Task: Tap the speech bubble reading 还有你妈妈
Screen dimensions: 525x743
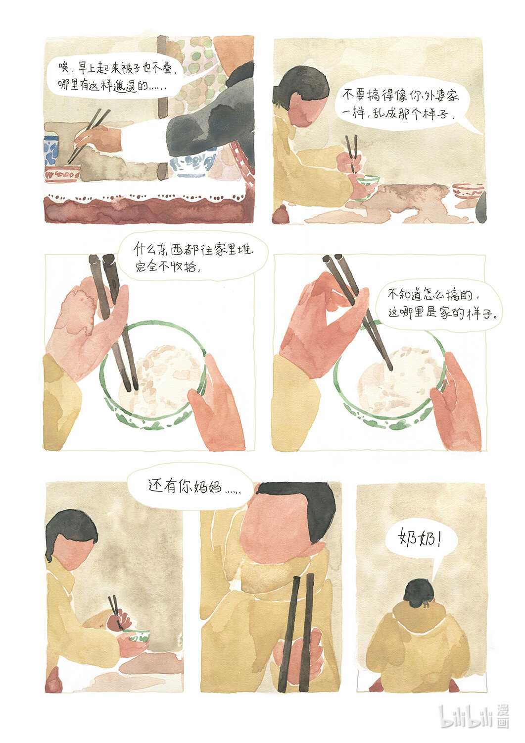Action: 190,487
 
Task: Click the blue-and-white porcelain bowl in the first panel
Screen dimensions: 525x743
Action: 191,163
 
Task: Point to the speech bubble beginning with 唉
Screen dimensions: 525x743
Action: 116,77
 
